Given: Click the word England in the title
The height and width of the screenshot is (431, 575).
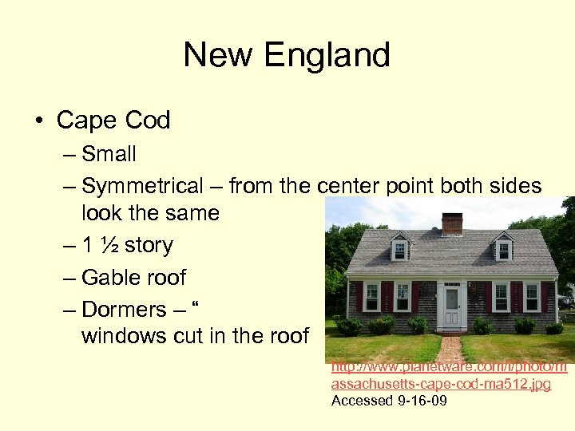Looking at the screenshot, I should (327, 55).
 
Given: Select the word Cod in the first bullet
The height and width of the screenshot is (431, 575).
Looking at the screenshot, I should (149, 121).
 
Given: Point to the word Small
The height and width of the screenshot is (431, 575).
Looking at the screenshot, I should (109, 154).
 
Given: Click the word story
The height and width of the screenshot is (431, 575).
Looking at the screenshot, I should (149, 246).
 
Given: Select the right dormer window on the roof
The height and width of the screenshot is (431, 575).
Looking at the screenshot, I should (503, 249).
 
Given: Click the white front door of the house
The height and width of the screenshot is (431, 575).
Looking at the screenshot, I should (452, 306).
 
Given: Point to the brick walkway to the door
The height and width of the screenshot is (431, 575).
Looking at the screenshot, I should (450, 348).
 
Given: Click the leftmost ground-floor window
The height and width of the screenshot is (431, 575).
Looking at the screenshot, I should (371, 296).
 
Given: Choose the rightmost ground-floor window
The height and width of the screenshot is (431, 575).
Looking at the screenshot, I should (531, 296).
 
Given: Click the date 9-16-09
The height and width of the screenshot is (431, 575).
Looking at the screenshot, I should (422, 401).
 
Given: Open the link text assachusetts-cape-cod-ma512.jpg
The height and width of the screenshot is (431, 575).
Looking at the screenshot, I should (441, 385).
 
